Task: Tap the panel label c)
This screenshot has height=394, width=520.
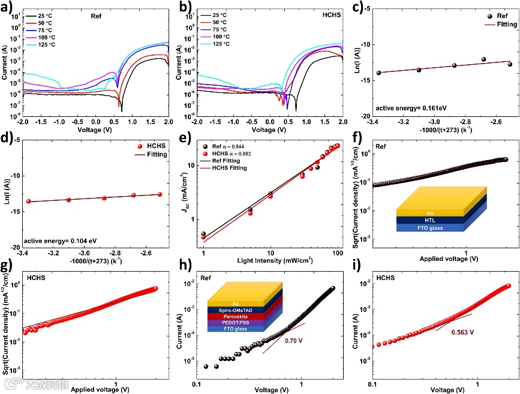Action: (x=357, y=7)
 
